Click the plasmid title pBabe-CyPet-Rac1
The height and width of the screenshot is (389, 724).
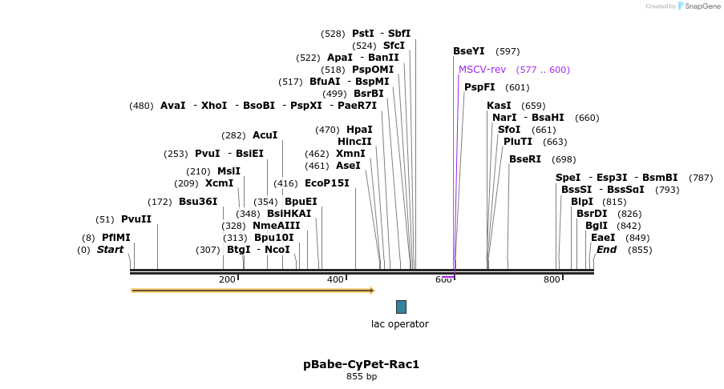[361, 364]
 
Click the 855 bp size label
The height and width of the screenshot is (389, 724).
[361, 376]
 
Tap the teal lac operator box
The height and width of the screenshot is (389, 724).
[401, 307]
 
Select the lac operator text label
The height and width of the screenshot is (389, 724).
[399, 324]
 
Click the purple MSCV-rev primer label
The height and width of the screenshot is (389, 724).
[482, 70]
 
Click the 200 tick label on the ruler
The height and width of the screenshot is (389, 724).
[227, 279]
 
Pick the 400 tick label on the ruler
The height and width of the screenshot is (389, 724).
[335, 279]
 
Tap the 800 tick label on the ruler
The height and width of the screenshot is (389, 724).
[552, 279]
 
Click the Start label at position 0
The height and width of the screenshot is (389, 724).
[110, 250]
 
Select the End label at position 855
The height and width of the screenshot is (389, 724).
[606, 250]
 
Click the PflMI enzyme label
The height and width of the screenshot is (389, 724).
[116, 238]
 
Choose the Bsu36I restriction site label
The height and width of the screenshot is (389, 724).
[198, 202]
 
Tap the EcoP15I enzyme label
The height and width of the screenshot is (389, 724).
[327, 183]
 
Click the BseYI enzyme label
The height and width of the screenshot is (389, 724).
[469, 51]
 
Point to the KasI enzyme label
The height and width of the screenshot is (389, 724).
[499, 106]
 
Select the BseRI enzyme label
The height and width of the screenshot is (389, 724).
[525, 159]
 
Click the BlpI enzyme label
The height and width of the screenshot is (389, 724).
[582, 202]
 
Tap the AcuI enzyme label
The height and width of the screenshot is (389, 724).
[265, 135]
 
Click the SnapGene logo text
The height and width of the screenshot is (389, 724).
[701, 6]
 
